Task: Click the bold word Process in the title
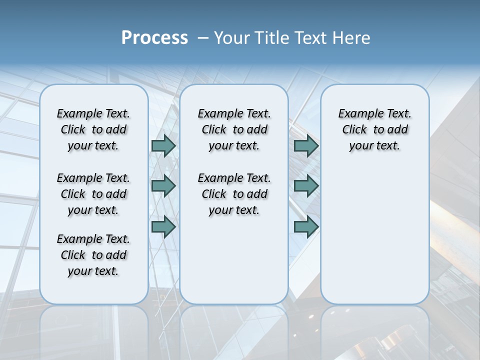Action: pyautogui.click(x=154, y=38)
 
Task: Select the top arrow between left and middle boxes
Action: pyautogui.click(x=163, y=145)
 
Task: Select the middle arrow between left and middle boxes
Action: pyautogui.click(x=163, y=186)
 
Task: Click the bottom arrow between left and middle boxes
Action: pyautogui.click(x=163, y=226)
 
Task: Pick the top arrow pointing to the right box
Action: pyautogui.click(x=306, y=145)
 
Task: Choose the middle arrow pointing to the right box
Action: pyautogui.click(x=306, y=186)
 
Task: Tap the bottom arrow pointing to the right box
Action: pyautogui.click(x=306, y=226)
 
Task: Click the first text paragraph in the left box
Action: pyautogui.click(x=93, y=129)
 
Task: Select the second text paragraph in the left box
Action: pyautogui.click(x=93, y=194)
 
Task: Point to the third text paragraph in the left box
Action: pyautogui.click(x=93, y=255)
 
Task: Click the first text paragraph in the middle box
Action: pyautogui.click(x=234, y=129)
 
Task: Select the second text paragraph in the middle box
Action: pyautogui.click(x=234, y=194)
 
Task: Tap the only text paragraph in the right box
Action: pyautogui.click(x=375, y=129)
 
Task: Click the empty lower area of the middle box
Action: pyautogui.click(x=234, y=260)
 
